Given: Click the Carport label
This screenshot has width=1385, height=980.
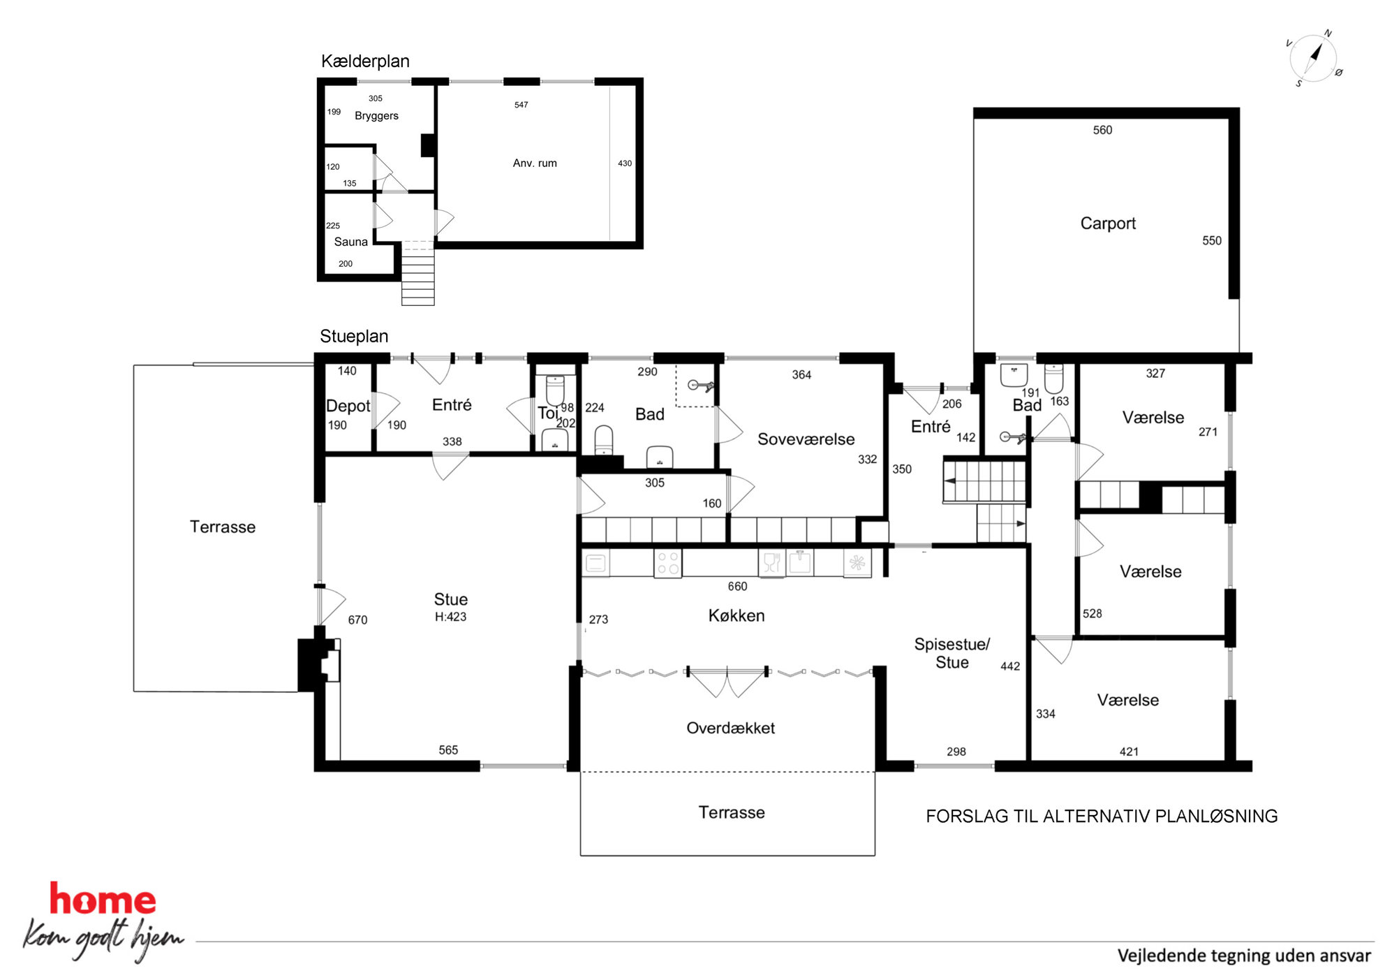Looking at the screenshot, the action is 1108,224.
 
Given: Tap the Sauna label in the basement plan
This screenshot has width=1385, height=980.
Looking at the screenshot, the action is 350,242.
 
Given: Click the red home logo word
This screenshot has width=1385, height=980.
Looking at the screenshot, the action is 103,899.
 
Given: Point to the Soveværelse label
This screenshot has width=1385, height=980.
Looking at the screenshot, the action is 806,439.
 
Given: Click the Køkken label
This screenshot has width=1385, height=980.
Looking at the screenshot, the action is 736,615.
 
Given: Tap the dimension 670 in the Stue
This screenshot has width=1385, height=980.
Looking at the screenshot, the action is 357,620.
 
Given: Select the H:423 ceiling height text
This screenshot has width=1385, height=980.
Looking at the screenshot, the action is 450,617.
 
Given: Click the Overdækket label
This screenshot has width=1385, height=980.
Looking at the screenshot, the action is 730,728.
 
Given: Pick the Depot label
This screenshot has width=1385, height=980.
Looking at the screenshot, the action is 348,406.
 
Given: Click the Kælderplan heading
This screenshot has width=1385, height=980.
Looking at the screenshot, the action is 365,61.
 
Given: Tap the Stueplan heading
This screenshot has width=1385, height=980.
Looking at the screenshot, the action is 354,337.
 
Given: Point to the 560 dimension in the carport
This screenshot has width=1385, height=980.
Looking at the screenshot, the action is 1102,130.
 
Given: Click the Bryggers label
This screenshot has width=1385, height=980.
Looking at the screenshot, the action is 376,116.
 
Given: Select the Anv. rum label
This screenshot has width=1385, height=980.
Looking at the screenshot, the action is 535,163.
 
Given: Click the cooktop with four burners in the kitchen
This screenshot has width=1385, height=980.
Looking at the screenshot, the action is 667,563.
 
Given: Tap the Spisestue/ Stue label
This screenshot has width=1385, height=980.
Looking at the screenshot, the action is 952,653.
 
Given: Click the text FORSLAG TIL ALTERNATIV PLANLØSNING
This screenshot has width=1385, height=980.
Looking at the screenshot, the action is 1102,816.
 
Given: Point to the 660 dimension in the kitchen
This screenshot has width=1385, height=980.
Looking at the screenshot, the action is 737,587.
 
